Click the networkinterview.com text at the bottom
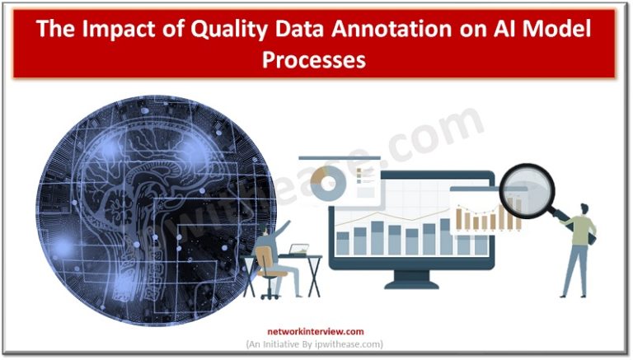[316, 332]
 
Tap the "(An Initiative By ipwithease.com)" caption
[316, 344]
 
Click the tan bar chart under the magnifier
[490, 217]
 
